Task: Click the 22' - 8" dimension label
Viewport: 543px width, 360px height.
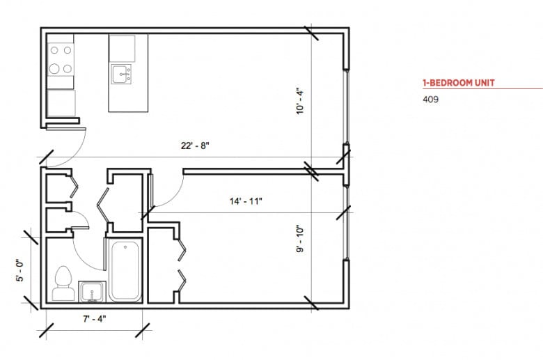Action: point(194,146)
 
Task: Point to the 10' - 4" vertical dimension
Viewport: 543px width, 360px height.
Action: point(300,99)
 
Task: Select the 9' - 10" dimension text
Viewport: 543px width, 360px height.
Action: point(300,240)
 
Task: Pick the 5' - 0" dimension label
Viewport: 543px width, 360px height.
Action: point(20,268)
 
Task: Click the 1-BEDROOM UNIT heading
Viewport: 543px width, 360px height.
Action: point(459,83)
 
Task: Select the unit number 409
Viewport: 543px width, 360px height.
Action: point(430,99)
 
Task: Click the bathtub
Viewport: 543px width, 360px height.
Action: point(125,270)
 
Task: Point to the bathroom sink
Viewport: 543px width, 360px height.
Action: point(91,290)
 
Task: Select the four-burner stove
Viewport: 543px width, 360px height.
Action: point(61,59)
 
